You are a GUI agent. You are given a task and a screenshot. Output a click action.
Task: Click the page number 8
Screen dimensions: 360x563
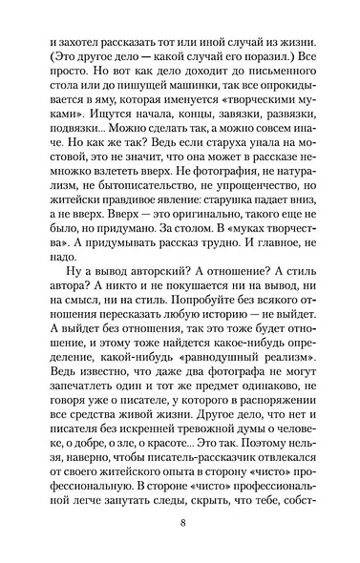180,524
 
